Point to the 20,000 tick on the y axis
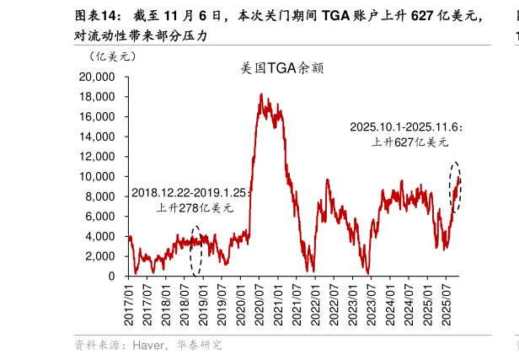tap(97, 77)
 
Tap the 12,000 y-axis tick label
tap(97, 157)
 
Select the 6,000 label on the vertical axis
tap(99, 217)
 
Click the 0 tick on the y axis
tap(111, 277)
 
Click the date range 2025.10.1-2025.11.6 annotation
tap(405, 126)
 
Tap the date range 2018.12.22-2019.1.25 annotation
tap(191, 193)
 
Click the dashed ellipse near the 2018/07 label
tap(196, 250)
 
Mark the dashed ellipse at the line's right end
tap(456, 187)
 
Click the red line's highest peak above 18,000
tap(261, 94)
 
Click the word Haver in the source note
tap(146, 346)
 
